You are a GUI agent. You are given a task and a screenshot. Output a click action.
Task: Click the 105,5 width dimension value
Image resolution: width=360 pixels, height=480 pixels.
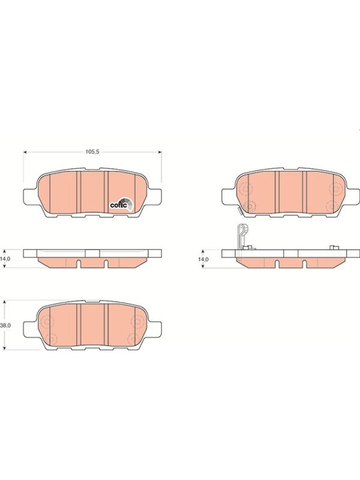point(92,152)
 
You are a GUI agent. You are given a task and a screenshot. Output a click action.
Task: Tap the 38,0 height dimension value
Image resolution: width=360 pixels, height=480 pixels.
point(5,325)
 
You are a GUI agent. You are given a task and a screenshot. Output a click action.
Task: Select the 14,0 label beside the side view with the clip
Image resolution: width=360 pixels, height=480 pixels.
point(203,259)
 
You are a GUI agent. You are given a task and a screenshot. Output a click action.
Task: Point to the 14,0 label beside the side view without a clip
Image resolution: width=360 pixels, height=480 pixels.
point(5,259)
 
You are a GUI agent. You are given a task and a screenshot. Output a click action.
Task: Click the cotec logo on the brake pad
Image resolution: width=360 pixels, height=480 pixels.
point(122,205)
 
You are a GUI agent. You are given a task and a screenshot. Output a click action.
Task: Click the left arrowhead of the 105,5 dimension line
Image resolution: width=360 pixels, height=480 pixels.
point(25,152)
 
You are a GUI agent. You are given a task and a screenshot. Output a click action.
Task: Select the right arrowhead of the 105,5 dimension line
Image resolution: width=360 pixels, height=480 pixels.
point(160,152)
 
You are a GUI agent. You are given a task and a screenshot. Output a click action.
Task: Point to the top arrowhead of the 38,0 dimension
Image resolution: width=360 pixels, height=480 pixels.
point(4,302)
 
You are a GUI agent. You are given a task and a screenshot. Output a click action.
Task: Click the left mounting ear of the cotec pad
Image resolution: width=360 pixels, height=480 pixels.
point(31,196)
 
